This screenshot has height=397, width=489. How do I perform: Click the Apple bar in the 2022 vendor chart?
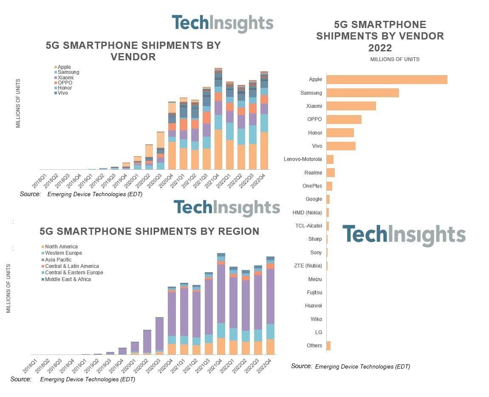[x=387, y=79]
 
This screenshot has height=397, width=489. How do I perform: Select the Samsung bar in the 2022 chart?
[x=362, y=93]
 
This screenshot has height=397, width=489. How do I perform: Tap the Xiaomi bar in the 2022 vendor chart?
[x=351, y=106]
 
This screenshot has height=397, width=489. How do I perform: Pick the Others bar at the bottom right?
[x=328, y=346]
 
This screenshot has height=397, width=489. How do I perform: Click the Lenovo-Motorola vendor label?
[x=303, y=159]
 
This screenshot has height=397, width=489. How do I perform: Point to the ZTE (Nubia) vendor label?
[x=308, y=266]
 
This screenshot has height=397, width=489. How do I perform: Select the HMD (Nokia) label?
[x=307, y=213]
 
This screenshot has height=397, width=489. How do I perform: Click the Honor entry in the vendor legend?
[x=65, y=88]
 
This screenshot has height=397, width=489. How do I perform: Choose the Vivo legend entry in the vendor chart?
[x=62, y=93]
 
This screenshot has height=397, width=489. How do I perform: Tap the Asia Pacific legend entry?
[x=58, y=259]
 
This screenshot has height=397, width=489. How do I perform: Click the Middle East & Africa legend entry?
[x=68, y=279]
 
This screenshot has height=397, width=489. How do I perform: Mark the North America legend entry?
[x=61, y=246]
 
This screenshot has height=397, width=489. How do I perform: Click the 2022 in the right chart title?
[x=380, y=48]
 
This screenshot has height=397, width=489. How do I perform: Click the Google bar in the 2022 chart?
[x=328, y=199]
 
